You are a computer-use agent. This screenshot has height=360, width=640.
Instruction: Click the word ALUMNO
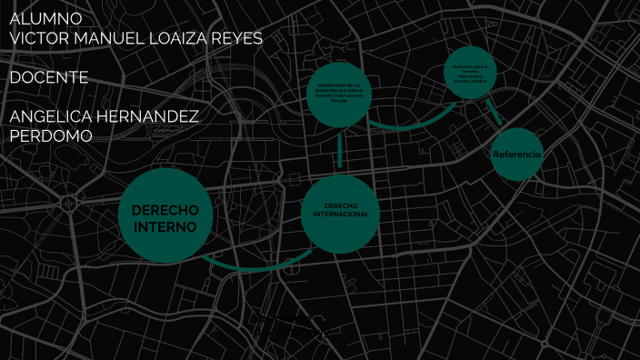[x=45, y=18]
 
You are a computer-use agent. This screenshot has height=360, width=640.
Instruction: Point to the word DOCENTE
[x=49, y=78]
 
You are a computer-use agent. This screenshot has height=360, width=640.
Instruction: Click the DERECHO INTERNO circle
[x=165, y=216]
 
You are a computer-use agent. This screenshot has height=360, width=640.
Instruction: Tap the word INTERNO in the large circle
[x=165, y=226]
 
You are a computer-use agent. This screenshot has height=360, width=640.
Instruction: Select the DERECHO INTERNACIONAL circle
[x=339, y=214]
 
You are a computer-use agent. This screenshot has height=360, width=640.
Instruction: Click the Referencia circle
[x=516, y=155]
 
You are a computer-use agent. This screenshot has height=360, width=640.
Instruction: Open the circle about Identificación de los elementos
[x=339, y=93]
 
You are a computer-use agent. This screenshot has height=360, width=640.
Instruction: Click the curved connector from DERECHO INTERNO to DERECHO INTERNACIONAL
[x=245, y=267]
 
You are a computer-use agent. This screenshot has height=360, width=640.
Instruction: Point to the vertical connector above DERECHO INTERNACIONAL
[x=339, y=152]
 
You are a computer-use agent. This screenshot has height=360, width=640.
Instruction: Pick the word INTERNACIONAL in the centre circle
[x=340, y=215]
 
